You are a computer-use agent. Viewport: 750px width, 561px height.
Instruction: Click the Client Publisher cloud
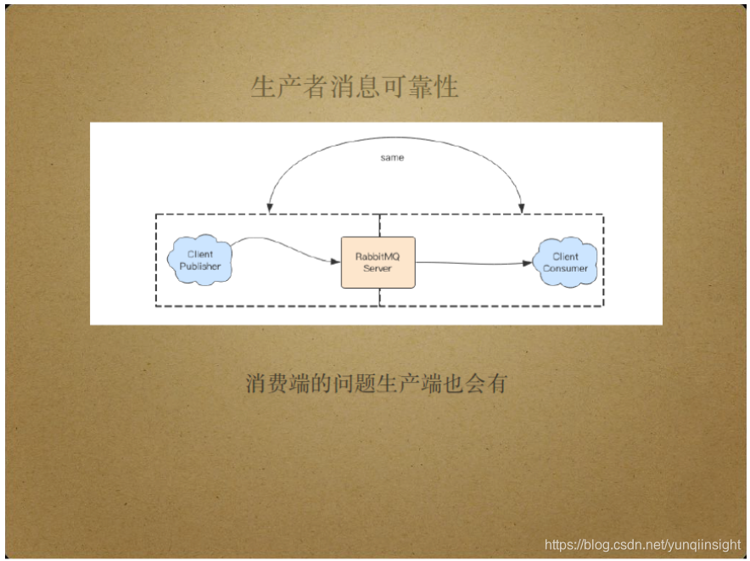pos(199,261)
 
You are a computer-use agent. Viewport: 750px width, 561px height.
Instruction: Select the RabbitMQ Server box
pos(378,262)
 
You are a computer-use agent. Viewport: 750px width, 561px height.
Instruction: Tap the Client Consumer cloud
pos(565,262)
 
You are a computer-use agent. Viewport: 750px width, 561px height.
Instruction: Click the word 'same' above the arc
pos(392,158)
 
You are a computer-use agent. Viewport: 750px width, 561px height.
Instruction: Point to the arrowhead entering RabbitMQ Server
pos(336,261)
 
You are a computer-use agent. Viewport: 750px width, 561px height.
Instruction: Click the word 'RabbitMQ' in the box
pos(378,256)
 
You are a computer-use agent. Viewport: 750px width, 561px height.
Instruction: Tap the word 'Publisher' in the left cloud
pos(199,266)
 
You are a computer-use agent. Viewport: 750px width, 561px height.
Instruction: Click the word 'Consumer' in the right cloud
pos(565,268)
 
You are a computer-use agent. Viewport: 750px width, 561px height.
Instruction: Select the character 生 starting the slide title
pos(263,87)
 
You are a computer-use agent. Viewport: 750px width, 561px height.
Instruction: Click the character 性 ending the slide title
pos(446,87)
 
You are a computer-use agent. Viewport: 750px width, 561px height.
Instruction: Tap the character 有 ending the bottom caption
pos(496,384)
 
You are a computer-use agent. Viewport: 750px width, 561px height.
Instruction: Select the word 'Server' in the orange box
pos(378,268)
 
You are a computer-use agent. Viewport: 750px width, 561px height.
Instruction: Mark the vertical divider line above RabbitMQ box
pos(379,225)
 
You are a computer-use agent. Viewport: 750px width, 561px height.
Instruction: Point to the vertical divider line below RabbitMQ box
pos(379,297)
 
